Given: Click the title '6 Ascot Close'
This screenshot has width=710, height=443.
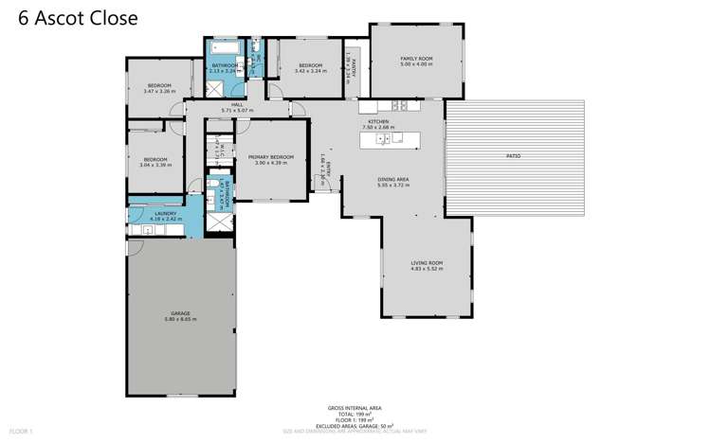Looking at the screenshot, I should (78, 18).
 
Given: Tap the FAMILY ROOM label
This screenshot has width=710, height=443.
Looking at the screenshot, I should (415, 59).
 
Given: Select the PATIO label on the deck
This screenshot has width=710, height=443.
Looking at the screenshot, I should (512, 155).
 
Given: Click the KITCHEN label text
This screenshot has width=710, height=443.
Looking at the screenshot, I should (379, 122).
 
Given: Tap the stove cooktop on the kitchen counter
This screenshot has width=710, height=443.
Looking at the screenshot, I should (399, 105).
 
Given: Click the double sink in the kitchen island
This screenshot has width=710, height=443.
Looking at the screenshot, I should (382, 139).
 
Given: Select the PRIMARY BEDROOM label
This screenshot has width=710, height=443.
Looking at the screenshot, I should (270, 157).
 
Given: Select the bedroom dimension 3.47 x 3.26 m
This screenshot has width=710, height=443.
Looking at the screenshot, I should (159, 91).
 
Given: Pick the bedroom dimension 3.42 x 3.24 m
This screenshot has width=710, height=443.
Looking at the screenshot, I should (310, 71).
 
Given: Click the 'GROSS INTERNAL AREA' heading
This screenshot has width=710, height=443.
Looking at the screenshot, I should (355, 408).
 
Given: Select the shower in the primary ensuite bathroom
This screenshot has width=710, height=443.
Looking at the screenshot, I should (219, 220).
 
